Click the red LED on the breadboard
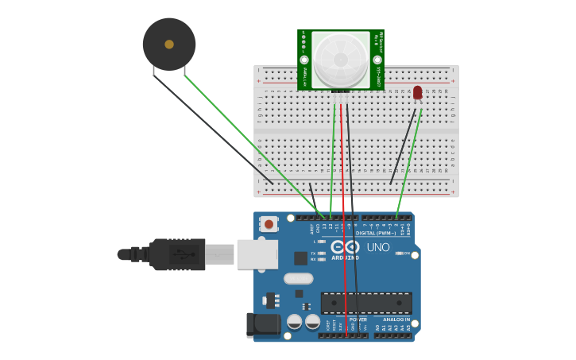click(418, 93)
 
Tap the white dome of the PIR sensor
click(340, 60)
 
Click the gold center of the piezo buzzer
click(169, 45)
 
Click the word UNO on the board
click(378, 247)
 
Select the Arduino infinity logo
click(346, 247)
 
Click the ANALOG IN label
click(396, 319)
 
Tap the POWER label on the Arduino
click(358, 319)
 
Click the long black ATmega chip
click(366, 302)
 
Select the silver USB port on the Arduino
click(257, 254)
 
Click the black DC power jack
click(264, 324)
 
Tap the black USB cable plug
click(178, 254)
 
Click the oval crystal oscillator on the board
click(298, 278)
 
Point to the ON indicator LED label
click(406, 254)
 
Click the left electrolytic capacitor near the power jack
click(294, 322)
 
